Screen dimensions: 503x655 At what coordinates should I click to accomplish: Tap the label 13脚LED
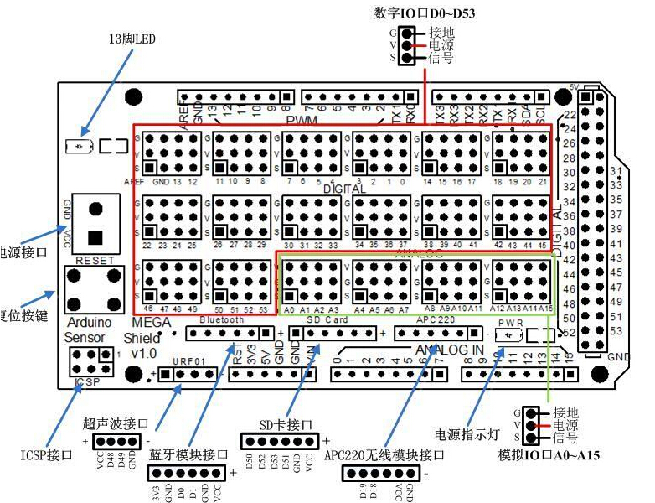(133, 39)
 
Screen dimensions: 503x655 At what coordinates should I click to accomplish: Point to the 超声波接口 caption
(116, 423)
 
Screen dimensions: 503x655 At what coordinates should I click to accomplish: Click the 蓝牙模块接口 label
(188, 455)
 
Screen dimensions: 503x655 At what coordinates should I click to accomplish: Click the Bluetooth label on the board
(222, 320)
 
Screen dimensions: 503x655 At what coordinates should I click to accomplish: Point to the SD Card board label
(325, 320)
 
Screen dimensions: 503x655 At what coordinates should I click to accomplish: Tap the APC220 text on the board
(435, 320)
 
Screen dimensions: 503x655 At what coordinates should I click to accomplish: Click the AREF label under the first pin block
(134, 181)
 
